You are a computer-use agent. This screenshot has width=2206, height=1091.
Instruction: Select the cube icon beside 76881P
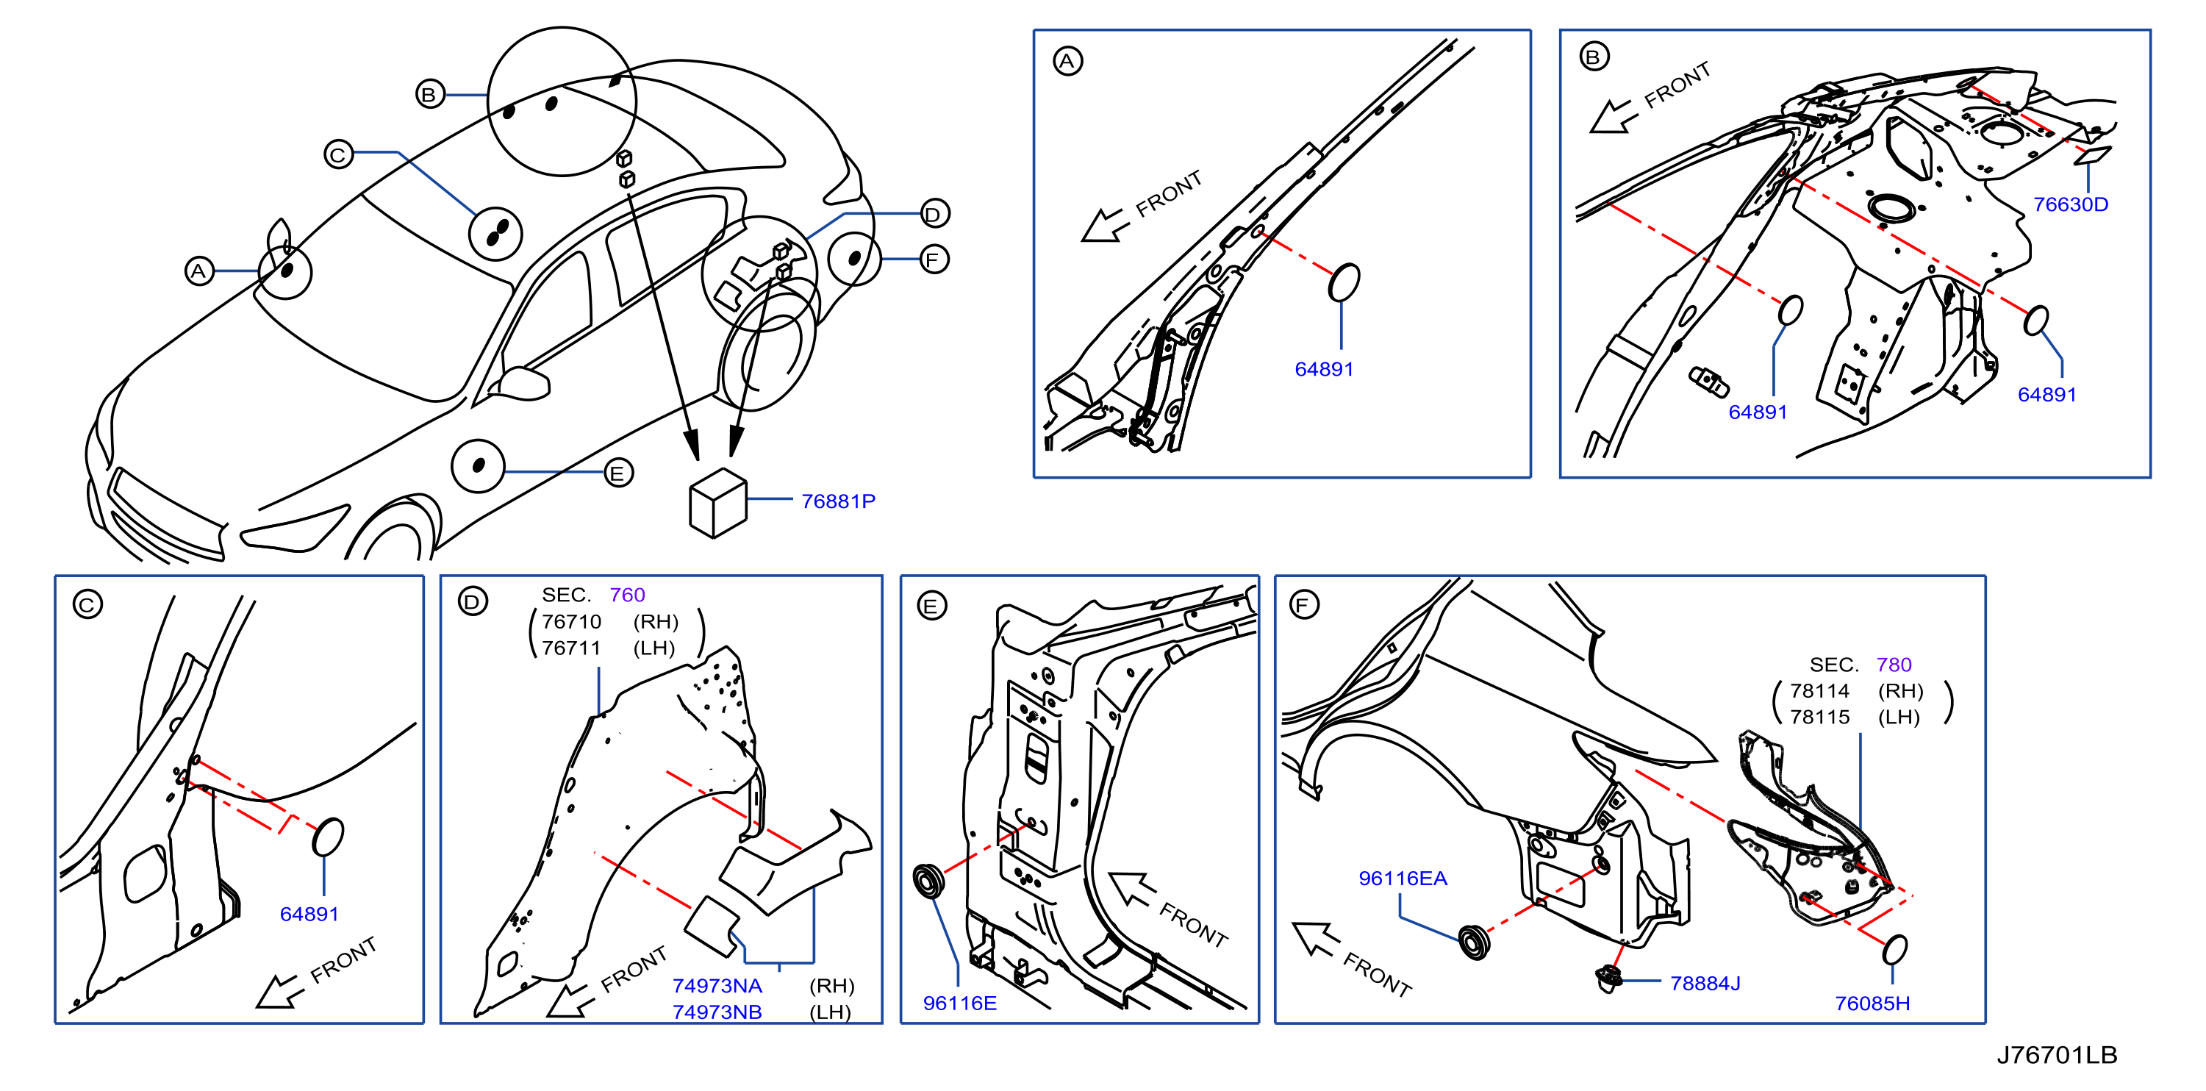pyautogui.click(x=717, y=503)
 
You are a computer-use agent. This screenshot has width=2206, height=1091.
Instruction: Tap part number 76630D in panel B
pyautogui.click(x=2070, y=204)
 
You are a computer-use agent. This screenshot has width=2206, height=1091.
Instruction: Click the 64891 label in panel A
pyautogui.click(x=1323, y=369)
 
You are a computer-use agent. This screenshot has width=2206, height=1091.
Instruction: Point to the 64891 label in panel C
pyautogui.click(x=309, y=914)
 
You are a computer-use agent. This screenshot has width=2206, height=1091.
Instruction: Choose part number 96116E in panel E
pyautogui.click(x=959, y=1003)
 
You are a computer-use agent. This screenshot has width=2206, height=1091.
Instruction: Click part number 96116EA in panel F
pyautogui.click(x=1403, y=878)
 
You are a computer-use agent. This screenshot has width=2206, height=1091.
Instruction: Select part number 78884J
pyautogui.click(x=1705, y=983)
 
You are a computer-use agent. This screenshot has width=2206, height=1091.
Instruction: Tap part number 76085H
pyautogui.click(x=1872, y=1003)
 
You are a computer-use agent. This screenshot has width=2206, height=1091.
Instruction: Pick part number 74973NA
pyautogui.click(x=717, y=986)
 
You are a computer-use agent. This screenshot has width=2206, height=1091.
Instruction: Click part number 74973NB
pyautogui.click(x=717, y=1012)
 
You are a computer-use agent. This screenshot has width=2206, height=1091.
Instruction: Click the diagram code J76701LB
pyautogui.click(x=2056, y=1055)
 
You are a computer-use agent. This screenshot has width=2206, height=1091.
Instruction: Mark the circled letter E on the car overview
pyautogui.click(x=618, y=473)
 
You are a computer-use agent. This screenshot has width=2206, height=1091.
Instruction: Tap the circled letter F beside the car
pyautogui.click(x=934, y=260)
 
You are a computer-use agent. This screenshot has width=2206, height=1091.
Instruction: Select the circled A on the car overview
pyautogui.click(x=199, y=271)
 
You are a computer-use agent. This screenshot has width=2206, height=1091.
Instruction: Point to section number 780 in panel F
pyautogui.click(x=1894, y=665)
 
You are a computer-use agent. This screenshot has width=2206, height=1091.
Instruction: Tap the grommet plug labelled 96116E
pyautogui.click(x=928, y=881)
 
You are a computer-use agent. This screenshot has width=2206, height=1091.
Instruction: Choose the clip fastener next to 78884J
pyautogui.click(x=1609, y=977)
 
